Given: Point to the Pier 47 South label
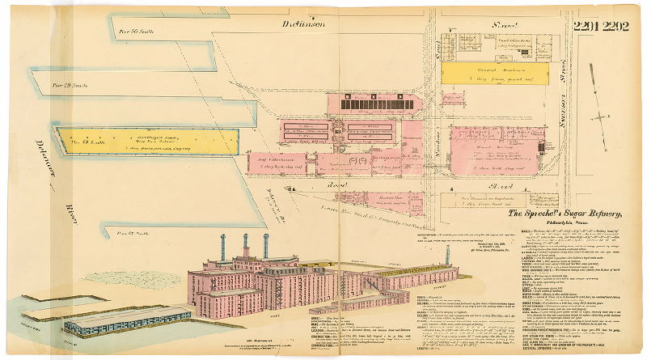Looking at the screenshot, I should coord(132,233).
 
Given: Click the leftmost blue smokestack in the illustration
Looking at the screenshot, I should coord(223,246).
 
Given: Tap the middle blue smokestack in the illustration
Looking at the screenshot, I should coord(244,245).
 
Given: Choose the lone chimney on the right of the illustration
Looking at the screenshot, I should coord(447,254).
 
